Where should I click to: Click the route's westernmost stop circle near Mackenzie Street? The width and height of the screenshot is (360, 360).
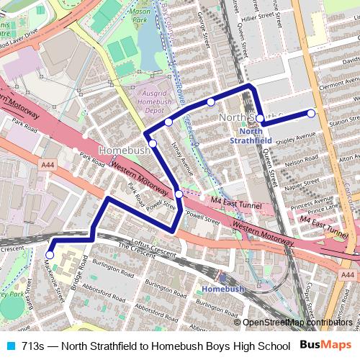pos(50,254)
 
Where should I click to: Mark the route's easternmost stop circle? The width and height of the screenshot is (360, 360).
pos(311,113)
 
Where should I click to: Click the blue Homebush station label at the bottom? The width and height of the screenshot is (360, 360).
pos(219,289)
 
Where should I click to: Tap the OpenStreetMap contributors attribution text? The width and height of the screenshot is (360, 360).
pos(297,323)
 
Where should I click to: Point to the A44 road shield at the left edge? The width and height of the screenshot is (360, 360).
pos(49,165)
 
